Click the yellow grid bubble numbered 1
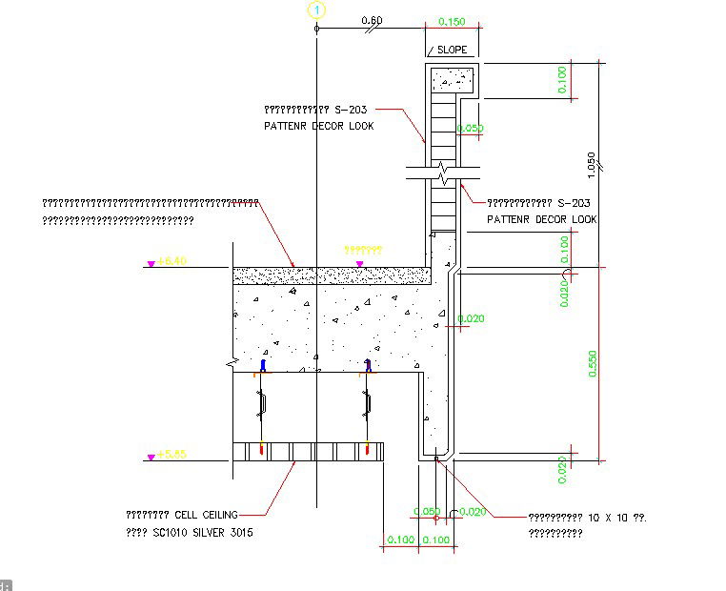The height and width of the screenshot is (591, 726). tap(316, 10)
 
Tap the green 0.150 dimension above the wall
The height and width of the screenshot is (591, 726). tap(451, 20)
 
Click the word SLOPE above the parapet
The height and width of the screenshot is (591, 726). tap(453, 50)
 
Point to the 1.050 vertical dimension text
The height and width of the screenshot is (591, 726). tap(592, 164)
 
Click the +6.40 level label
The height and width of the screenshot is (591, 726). tap(172, 260)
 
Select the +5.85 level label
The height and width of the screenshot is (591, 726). tap(172, 454)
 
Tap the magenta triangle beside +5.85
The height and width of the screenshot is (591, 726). tap(151, 458)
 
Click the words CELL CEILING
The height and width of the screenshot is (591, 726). tap(206, 515)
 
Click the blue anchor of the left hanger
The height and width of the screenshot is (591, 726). tap(263, 364)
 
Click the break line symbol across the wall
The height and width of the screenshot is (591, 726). tap(443, 174)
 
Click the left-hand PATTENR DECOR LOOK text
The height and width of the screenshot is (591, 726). tap(318, 126)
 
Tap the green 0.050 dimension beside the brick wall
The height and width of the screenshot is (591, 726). tap(469, 128)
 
